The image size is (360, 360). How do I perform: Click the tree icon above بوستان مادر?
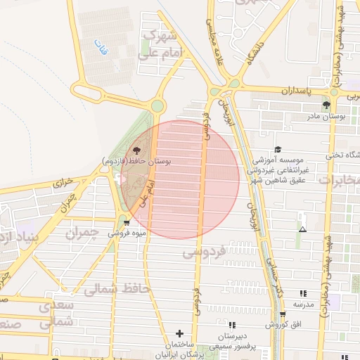tap(326, 105)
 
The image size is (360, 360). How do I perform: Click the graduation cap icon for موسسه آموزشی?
tap(278, 149)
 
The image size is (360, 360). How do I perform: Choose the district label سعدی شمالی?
tap(55, 314)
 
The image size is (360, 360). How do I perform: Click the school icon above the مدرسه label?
tap(303, 293)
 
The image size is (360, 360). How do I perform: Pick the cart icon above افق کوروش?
tap(283, 315)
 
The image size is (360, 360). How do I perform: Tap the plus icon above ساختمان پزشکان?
tap(179, 333)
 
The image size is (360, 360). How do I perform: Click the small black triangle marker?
tap(302, 230)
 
